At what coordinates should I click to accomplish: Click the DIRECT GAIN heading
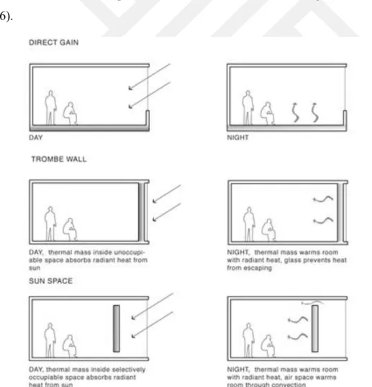[54, 42]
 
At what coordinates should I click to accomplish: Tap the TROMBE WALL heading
[59, 159]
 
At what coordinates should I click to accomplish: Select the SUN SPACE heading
[51, 281]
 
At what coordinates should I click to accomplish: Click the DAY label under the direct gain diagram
[36, 137]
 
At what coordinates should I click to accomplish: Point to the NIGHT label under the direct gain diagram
[237, 137]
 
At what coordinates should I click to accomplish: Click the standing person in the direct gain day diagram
[50, 108]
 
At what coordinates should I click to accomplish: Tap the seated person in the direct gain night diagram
[268, 113]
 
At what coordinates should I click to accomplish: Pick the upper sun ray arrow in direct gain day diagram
[150, 77]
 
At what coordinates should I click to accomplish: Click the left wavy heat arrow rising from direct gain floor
[295, 112]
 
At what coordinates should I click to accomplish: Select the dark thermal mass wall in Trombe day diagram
[141, 212]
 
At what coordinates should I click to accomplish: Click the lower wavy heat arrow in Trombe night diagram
[323, 220]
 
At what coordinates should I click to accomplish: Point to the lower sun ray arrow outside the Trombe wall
[167, 212]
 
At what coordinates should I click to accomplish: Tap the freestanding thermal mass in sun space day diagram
[117, 329]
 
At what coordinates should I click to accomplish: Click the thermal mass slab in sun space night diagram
[314, 329]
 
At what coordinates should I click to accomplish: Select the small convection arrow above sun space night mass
[312, 302]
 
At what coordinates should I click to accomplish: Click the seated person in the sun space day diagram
[70, 346]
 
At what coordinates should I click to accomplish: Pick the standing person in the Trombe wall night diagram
[249, 224]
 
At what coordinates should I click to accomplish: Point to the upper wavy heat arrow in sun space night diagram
[298, 320]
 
